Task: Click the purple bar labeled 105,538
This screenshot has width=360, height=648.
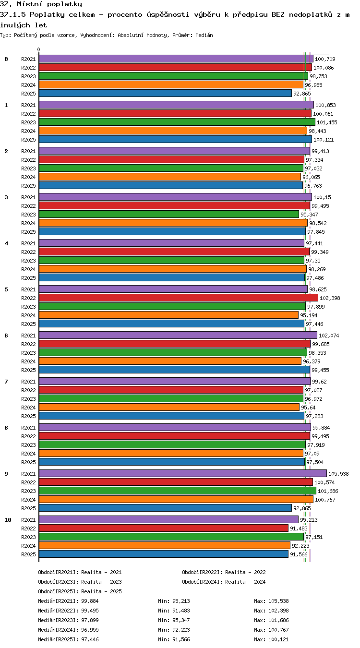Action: tap(183, 474)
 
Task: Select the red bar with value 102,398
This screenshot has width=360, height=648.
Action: tap(179, 298)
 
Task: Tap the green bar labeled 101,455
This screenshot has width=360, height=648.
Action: tap(177, 122)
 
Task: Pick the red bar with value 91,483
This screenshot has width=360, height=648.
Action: tap(164, 528)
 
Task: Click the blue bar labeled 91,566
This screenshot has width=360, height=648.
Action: tap(164, 554)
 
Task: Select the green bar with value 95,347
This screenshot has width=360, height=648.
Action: tap(169, 215)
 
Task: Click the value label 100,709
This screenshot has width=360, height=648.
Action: tap(325, 59)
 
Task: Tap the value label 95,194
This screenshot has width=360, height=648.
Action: tap(309, 315)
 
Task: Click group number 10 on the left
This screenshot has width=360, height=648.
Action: tap(8, 520)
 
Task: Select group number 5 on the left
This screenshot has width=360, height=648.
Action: tap(6, 289)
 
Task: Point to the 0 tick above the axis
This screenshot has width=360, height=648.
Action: tap(39, 50)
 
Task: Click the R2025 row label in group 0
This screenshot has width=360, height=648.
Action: tap(28, 94)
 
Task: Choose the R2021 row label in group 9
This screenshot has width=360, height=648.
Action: tap(28, 474)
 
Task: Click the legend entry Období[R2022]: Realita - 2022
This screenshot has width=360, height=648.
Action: tap(224, 572)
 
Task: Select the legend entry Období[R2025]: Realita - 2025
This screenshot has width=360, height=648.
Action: tap(80, 591)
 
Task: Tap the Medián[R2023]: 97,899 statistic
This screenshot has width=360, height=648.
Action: tap(68, 620)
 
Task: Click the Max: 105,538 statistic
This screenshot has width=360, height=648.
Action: tap(272, 601)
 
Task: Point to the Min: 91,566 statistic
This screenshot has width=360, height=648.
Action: tap(174, 639)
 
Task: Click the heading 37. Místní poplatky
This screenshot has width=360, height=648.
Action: tap(41, 4)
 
